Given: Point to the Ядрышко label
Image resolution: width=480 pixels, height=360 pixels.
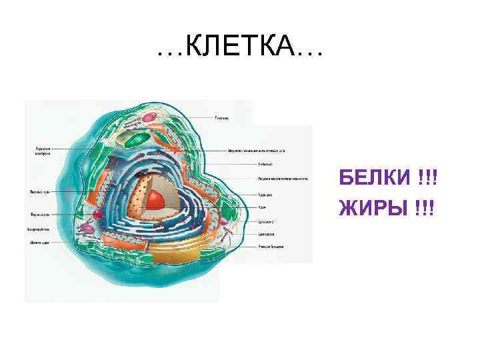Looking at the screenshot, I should (x=264, y=194).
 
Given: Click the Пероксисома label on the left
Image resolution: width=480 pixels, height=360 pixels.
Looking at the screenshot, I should (x=41, y=214).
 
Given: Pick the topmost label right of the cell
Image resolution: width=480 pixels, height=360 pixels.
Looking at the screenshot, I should (x=222, y=118).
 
